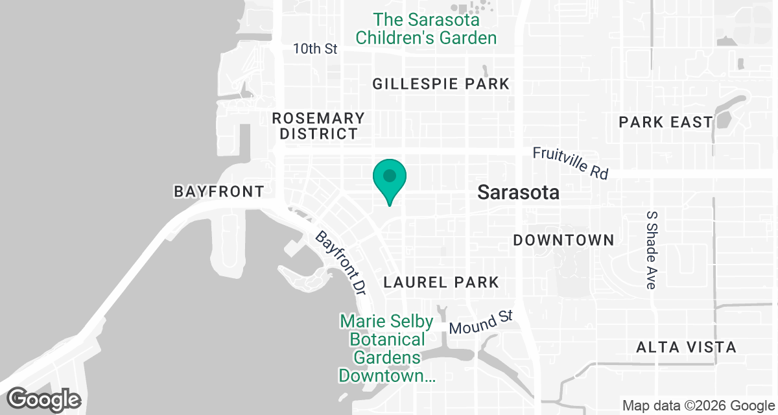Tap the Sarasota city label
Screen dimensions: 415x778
click(x=518, y=193)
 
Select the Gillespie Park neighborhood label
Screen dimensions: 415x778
click(x=441, y=84)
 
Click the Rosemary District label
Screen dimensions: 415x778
click(x=318, y=126)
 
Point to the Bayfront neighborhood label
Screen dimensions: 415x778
click(x=219, y=191)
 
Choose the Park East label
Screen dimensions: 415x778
click(x=665, y=122)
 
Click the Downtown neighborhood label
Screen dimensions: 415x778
click(x=563, y=240)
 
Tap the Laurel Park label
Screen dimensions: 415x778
click(x=441, y=282)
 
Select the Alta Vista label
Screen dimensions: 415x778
click(x=687, y=347)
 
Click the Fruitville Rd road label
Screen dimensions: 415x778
click(x=571, y=163)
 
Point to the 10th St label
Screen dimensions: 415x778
click(x=315, y=49)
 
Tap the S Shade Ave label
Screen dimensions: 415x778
click(x=652, y=250)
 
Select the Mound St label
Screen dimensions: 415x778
click(x=481, y=322)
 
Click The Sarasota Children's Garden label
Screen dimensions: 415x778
click(x=426, y=29)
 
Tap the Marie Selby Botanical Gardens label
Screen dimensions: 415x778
click(x=383, y=348)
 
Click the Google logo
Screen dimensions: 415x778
click(x=44, y=399)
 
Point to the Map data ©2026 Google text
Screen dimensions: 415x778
click(x=698, y=406)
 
